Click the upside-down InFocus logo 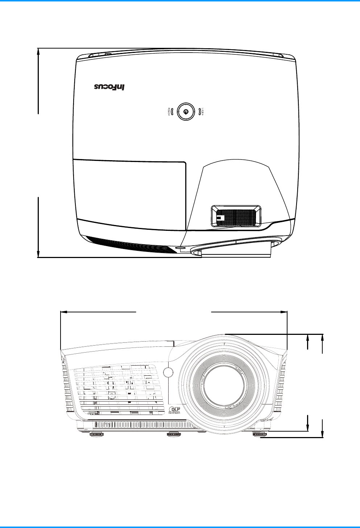pyautogui.click(x=109, y=87)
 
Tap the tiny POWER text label pyautogui.click(x=169, y=112)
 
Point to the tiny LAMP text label pyautogui.click(x=203, y=112)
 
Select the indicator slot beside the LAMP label pyautogui.click(x=199, y=112)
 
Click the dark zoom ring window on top pyautogui.click(x=236, y=217)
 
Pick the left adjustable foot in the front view pyautogui.click(x=96, y=435)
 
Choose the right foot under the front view pyautogui.click(x=259, y=435)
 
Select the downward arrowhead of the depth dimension pyautogui.click(x=38, y=254)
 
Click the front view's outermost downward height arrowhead pyautogui.click(x=322, y=435)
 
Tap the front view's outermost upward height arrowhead pyautogui.click(x=322, y=337)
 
